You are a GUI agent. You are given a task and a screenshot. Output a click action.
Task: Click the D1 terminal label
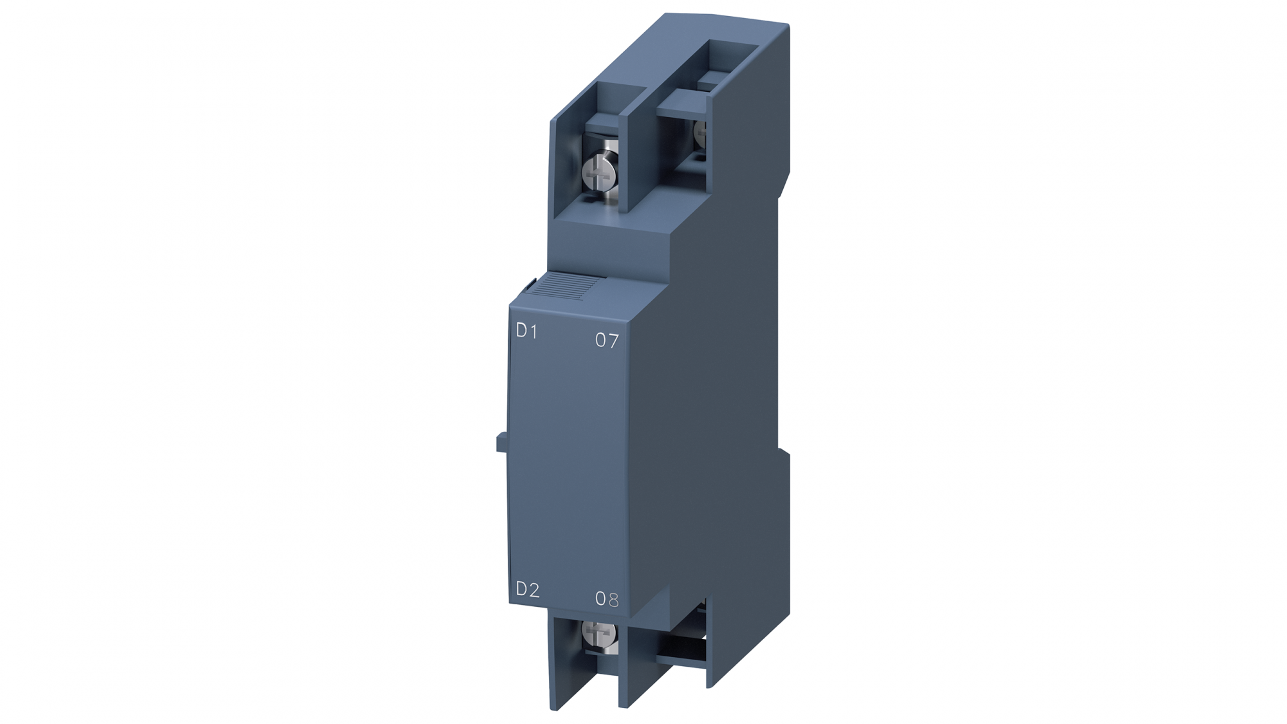pyautogui.click(x=526, y=331)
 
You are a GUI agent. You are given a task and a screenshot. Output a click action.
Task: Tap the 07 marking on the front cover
pyautogui.click(x=606, y=340)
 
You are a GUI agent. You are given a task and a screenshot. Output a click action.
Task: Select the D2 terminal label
pyautogui.click(x=528, y=589)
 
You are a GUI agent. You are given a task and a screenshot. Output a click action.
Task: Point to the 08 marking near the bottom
pyautogui.click(x=606, y=599)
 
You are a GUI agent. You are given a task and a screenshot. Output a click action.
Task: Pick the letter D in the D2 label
pyautogui.click(x=522, y=589)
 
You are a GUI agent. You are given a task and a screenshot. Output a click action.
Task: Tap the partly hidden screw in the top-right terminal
pyautogui.click(x=701, y=131)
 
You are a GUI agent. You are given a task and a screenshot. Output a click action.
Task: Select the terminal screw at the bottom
pyautogui.click(x=600, y=633)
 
